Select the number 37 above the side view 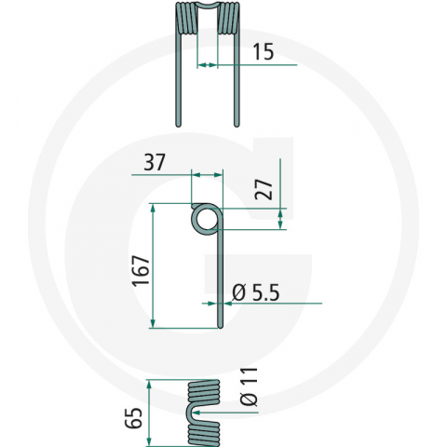[156, 163]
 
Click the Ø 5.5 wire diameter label [254, 292]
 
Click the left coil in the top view [186, 19]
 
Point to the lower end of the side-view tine [221, 324]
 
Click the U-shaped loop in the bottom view [195, 413]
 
